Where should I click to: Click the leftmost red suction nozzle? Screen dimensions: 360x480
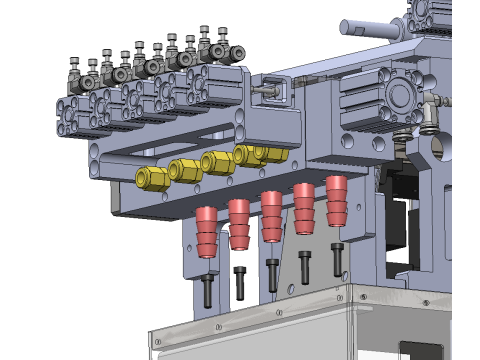[x=206, y=232]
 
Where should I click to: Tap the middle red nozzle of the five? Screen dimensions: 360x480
[x=271, y=215]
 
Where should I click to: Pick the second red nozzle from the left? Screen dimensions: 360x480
[x=239, y=224]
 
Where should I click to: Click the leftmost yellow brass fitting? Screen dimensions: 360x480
[x=151, y=179]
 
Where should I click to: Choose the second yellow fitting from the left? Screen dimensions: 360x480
[x=186, y=170]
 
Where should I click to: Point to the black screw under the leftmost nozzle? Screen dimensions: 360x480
[x=207, y=290]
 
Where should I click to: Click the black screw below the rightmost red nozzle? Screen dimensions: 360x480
[x=337, y=257]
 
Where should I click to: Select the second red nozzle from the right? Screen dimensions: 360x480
[x=304, y=208]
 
